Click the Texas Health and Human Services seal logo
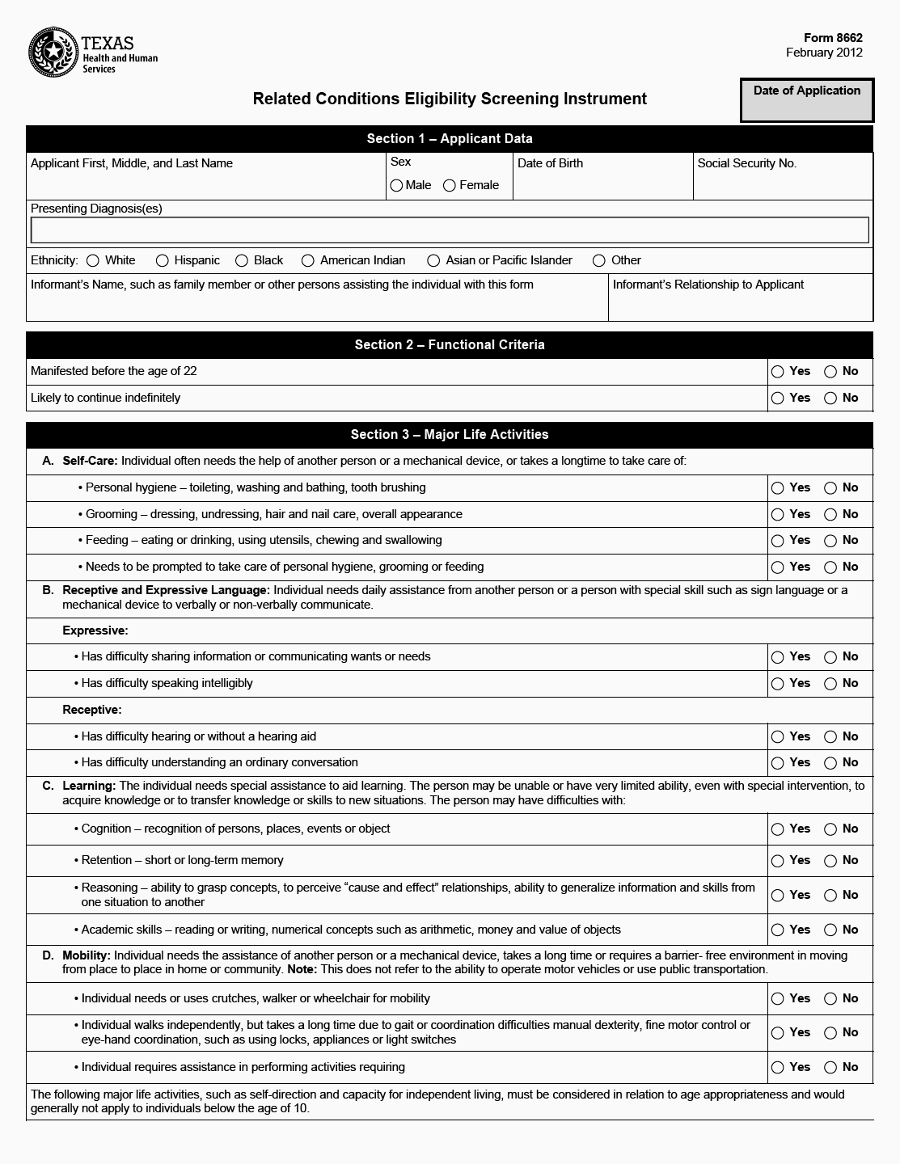pos(53,53)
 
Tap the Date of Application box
pos(807,100)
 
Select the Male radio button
pos(396,186)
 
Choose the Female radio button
pos(450,186)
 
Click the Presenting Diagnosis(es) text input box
pos(450,230)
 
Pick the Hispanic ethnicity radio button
pos(163,261)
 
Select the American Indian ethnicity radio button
pos(308,261)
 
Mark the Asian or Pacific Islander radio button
pos(433,261)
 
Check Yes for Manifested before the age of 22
pos(778,372)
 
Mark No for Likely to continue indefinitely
pos(830,399)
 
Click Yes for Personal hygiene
pos(778,488)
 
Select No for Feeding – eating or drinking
pos(830,541)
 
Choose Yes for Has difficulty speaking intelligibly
pos(778,684)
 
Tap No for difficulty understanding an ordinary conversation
pos(830,763)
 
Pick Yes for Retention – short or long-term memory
pos(778,861)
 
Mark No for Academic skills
pos(830,930)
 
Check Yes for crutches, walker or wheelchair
pos(778,999)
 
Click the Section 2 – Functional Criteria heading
pos(450,345)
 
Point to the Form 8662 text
pos(833,38)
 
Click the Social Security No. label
pos(746,163)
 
